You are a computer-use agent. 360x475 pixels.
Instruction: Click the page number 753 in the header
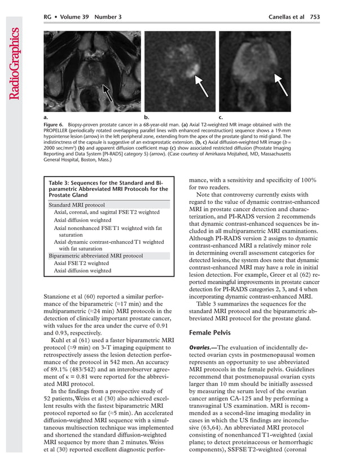click(315, 17)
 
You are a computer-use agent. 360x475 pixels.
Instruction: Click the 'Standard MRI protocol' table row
click(77, 204)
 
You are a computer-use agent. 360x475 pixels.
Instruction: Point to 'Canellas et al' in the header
click(286, 17)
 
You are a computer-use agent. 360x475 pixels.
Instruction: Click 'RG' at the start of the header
click(48, 17)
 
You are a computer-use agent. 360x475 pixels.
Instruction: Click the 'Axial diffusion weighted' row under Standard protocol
click(82, 220)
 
